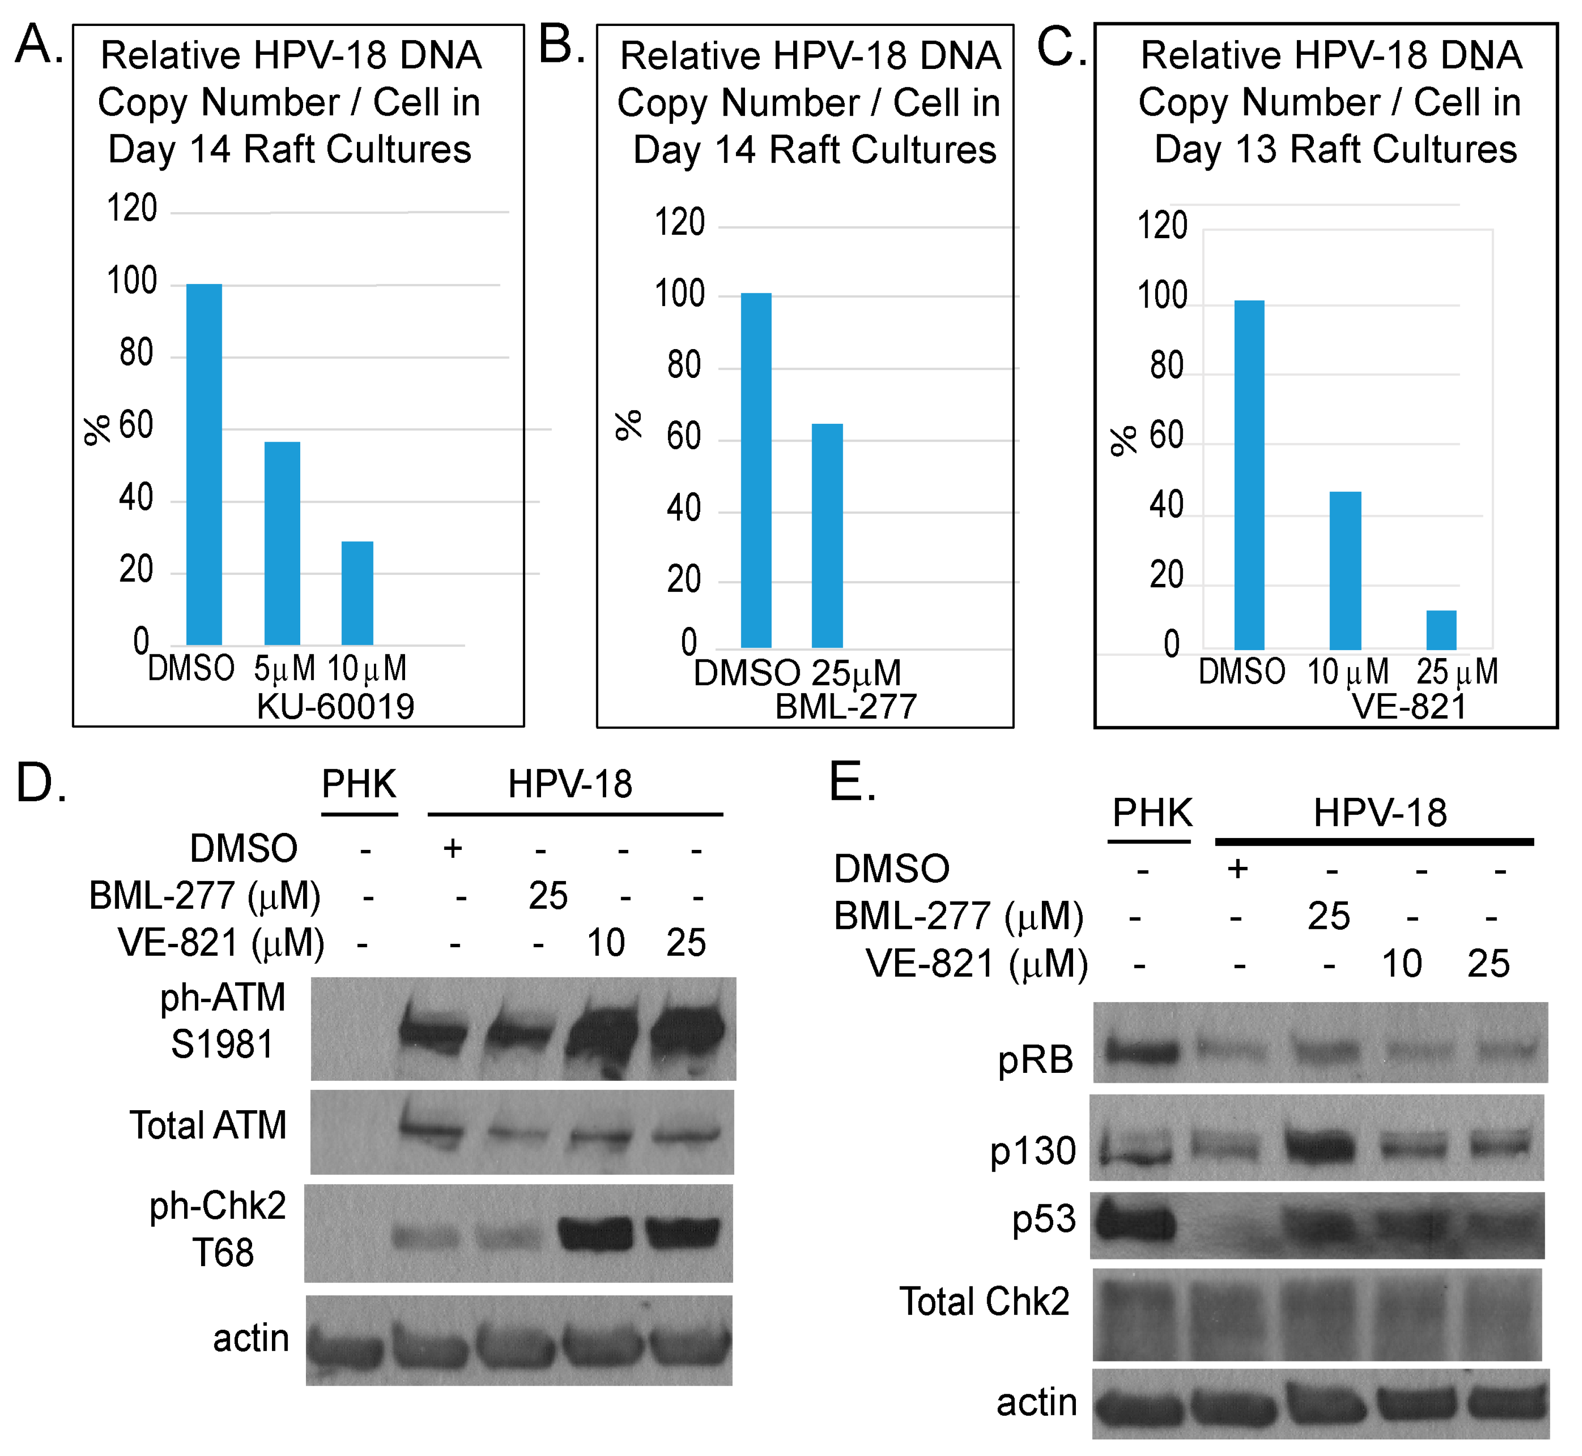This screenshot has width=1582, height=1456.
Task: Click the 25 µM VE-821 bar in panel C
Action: click(1440, 630)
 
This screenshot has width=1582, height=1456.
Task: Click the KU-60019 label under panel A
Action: click(336, 707)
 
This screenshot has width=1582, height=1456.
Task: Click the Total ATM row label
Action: click(208, 1125)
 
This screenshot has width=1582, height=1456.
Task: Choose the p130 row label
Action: click(1032, 1151)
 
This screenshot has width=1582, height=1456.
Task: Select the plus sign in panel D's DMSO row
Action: click(453, 848)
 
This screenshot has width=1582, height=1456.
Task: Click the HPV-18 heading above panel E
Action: click(1379, 812)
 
